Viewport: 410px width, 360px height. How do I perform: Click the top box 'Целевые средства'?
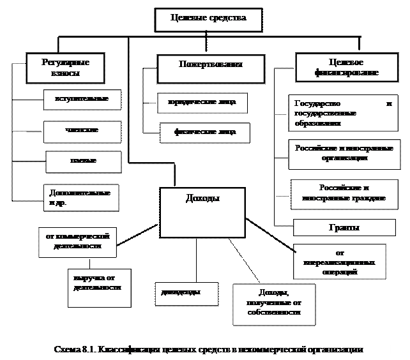point(209,19)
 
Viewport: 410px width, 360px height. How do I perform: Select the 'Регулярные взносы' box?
point(65,68)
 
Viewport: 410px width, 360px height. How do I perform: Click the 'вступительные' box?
point(82,100)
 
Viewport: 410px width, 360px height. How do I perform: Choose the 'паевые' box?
point(83,161)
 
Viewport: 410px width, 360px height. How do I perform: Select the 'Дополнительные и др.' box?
point(82,197)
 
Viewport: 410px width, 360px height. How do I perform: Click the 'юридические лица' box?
point(202,103)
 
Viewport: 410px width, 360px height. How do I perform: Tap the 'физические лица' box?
point(204,133)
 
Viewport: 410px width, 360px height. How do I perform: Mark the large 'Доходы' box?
point(202,213)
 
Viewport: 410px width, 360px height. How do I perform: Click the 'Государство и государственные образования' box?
point(343,113)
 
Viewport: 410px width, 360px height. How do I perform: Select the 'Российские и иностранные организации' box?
point(344,154)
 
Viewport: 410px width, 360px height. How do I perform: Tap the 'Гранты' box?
point(344,228)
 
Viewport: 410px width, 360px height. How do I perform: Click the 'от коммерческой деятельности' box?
point(77,241)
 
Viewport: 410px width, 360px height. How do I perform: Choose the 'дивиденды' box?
point(186,293)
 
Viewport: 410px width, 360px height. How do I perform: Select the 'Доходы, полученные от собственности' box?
point(273,304)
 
